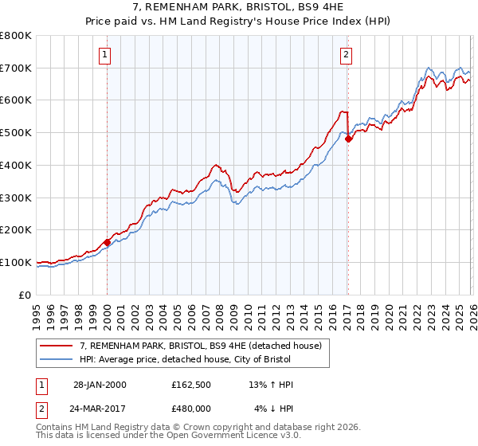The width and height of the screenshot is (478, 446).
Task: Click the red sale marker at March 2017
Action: click(348, 139)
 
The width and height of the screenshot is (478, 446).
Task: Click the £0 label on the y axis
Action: click(25, 295)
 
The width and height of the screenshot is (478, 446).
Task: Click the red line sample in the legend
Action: click(57, 346)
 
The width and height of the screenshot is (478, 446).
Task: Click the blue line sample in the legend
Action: click(57, 359)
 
